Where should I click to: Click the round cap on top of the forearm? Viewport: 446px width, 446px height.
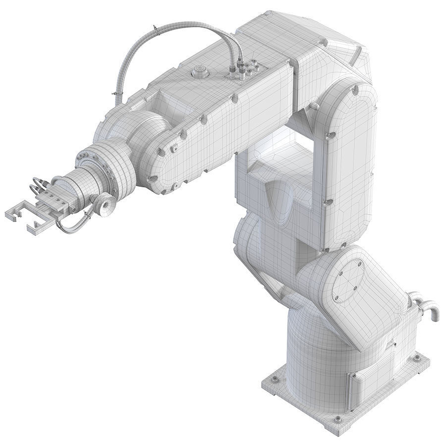pyautogui.click(x=200, y=73)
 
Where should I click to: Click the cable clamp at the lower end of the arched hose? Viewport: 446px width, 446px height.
pyautogui.click(x=116, y=94)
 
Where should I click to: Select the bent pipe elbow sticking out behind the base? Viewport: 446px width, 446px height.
pyautogui.click(x=430, y=310)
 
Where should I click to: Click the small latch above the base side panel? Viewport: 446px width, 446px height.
pyautogui.click(x=392, y=342)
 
